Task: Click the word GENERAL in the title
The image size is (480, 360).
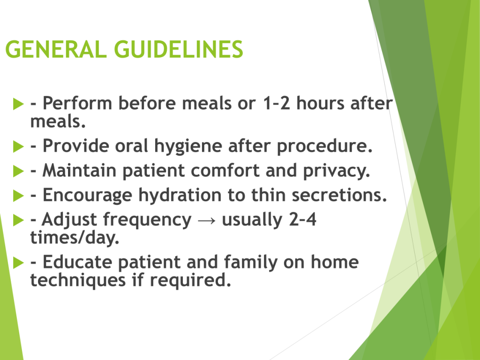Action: pos(56,49)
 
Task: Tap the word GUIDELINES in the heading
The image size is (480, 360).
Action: pos(179,49)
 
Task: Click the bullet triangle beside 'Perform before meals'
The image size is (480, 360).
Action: pos(18,104)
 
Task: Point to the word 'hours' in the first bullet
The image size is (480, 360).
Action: pos(320,103)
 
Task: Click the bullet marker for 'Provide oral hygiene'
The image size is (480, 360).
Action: pos(18,146)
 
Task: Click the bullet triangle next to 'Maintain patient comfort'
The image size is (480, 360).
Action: pos(18,171)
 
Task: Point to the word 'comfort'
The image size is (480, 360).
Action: pos(225,171)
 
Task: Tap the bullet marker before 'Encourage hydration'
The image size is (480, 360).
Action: pos(18,195)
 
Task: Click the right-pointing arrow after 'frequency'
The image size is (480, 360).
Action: pos(207,220)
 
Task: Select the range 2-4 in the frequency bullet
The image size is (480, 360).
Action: pos(302,220)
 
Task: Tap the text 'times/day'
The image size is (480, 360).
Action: pos(73,238)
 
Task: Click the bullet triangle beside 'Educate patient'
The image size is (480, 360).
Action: pos(18,262)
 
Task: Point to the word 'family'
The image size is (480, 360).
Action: pos(251,262)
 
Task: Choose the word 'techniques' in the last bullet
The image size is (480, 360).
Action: pos(78,280)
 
